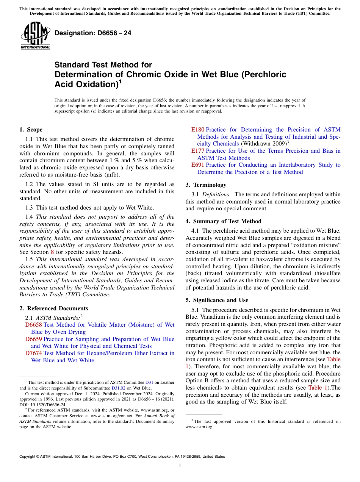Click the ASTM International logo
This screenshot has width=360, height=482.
tap(35, 36)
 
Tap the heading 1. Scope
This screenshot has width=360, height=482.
tap(31, 130)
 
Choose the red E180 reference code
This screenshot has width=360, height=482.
tap(197, 130)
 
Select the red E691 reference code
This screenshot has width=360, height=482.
tap(197, 165)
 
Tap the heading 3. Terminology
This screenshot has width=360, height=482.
tap(206, 185)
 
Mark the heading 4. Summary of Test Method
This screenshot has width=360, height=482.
tap(223, 221)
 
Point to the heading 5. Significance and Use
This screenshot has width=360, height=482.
tap(217, 300)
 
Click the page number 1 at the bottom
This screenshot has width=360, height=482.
tap(180, 466)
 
